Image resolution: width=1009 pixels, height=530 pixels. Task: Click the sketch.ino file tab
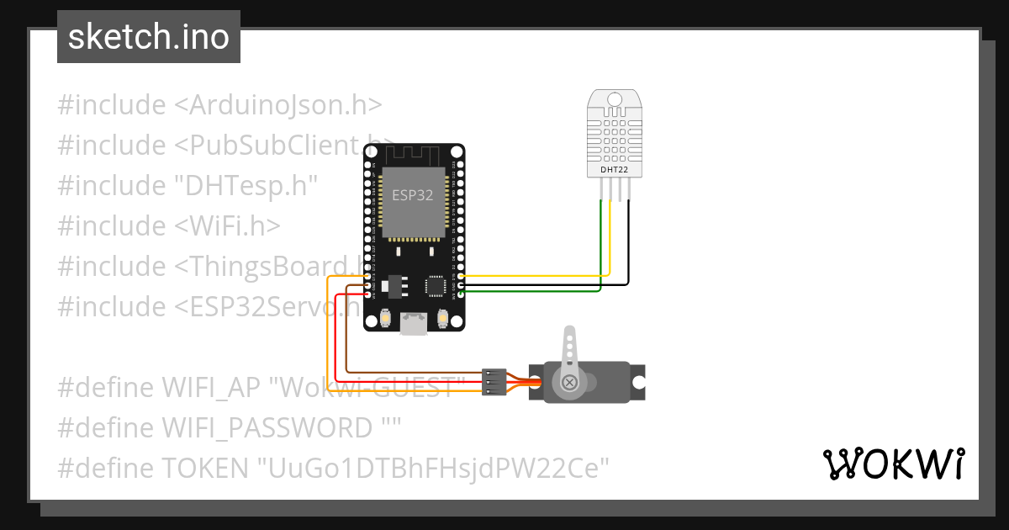coord(148,37)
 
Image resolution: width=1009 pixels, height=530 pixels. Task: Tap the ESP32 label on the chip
coord(412,194)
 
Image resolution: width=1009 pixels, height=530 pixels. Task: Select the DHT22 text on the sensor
coord(614,169)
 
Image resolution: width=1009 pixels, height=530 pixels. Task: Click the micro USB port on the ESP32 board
coord(412,323)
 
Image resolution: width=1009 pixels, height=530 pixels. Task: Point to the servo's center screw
coord(571,384)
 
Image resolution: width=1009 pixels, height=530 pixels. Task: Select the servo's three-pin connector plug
coord(494,382)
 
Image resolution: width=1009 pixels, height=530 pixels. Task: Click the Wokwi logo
coord(893,464)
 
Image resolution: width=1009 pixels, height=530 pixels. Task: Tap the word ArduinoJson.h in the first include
coord(278,105)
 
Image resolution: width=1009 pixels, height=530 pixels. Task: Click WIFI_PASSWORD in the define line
coord(267,427)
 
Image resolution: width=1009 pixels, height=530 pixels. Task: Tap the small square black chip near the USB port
coord(435,286)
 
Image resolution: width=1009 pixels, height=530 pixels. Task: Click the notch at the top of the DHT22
coord(614,98)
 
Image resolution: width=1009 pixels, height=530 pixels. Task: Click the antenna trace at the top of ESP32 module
coord(412,154)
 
